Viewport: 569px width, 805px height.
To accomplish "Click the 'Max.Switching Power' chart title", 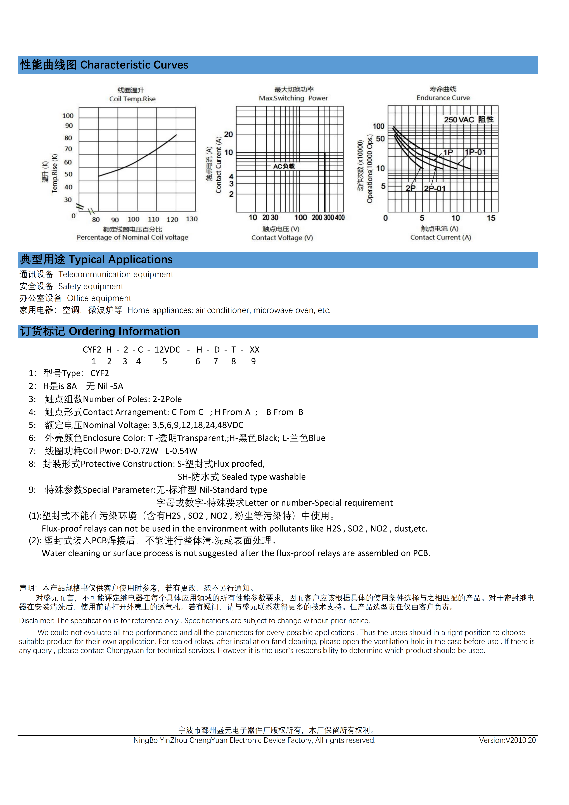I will [x=293, y=98].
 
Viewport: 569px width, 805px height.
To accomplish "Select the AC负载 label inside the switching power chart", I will [x=284, y=166].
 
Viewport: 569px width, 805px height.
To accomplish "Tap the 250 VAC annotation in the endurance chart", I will [x=459, y=120].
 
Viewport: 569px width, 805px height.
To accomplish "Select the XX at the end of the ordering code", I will [x=255, y=350].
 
